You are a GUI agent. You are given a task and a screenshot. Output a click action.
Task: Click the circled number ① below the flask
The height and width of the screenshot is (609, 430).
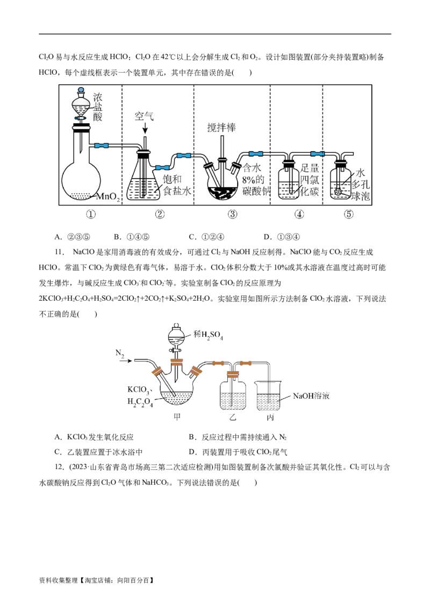91,214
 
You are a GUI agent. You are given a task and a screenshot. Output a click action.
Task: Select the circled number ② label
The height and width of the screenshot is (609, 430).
160,214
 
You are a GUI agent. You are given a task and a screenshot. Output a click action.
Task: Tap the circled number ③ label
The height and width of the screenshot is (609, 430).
232,214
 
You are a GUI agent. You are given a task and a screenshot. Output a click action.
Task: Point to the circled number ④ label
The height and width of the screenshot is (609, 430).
299,214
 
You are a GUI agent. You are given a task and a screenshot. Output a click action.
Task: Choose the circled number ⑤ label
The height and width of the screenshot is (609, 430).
349,214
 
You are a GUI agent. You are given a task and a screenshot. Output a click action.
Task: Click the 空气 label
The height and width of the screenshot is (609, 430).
144,116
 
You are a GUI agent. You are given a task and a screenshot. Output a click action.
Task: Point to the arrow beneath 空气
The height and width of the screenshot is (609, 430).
144,129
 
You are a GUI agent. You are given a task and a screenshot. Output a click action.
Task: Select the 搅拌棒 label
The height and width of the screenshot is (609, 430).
221,128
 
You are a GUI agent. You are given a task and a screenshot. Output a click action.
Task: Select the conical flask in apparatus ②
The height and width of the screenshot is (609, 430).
144,183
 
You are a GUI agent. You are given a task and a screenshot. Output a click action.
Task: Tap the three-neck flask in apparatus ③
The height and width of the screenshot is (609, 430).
223,183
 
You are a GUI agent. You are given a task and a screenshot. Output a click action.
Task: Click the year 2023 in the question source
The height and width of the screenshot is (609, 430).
81,466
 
